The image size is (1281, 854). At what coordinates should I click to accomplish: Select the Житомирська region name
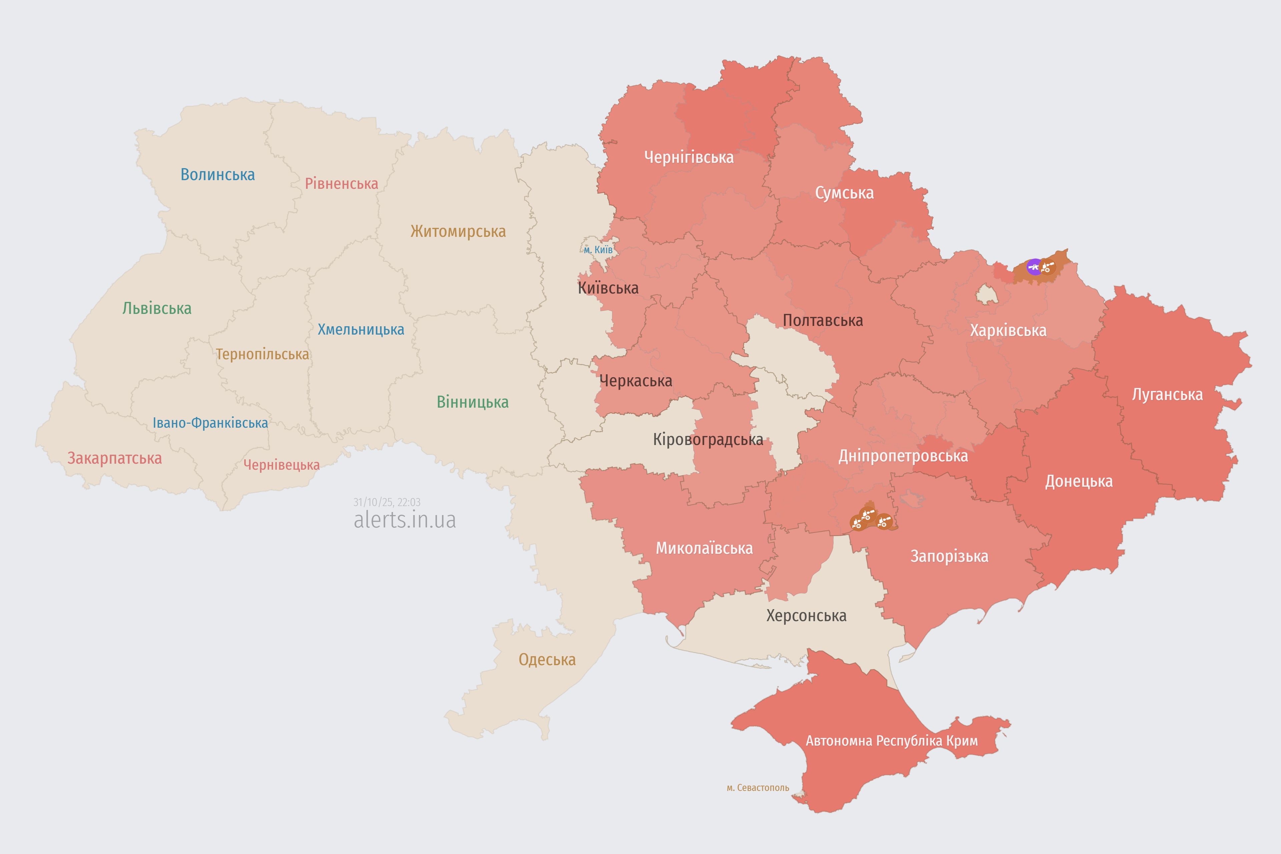458,232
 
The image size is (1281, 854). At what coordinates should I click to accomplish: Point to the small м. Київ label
598,250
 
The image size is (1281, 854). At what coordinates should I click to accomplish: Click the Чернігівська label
689,157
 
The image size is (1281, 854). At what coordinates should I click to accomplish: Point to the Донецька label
1079,481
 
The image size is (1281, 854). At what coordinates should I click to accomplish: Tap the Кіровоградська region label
708,440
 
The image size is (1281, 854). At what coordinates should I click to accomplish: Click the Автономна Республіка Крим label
892,741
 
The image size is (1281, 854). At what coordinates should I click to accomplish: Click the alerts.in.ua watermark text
405,520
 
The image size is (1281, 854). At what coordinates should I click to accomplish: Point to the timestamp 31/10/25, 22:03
387,502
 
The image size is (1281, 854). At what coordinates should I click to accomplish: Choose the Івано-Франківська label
210,423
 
